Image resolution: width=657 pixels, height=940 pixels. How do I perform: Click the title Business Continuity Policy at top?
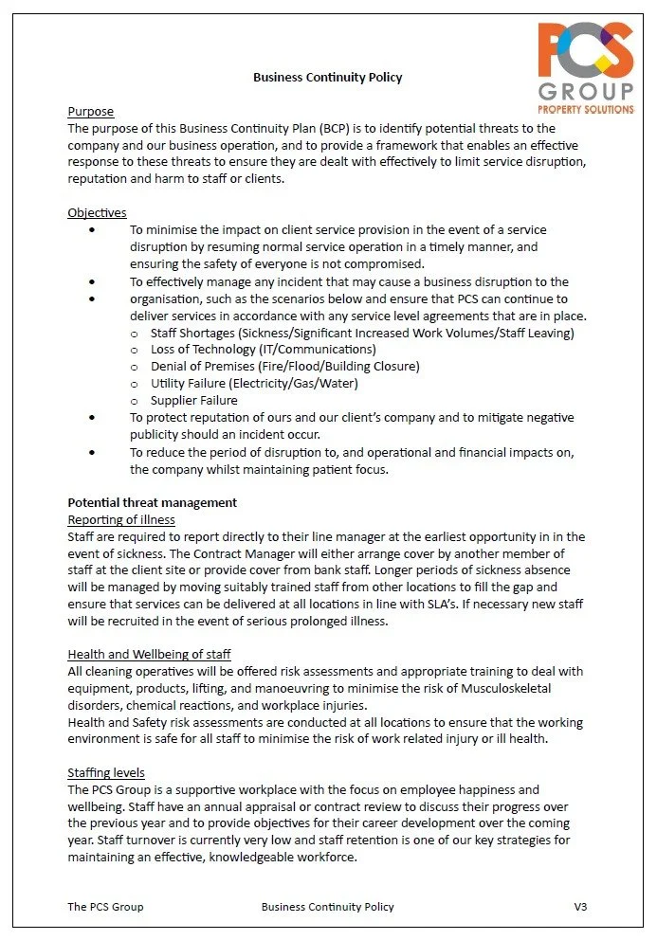click(x=327, y=77)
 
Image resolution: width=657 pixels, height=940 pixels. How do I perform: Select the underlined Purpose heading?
click(x=90, y=112)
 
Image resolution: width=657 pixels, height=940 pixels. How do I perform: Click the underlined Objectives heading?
click(x=97, y=212)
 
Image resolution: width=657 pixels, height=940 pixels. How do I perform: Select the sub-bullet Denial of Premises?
click(x=284, y=366)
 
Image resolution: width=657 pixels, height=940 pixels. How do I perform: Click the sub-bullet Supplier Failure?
click(x=194, y=400)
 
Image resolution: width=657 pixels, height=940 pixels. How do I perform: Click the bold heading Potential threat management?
click(x=152, y=502)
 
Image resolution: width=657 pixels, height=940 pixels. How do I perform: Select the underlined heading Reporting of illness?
click(x=121, y=519)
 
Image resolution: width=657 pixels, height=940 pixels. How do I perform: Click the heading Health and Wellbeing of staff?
click(x=149, y=654)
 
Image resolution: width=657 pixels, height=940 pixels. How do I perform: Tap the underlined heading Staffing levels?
click(x=106, y=772)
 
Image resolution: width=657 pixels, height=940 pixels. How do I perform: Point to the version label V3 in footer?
click(x=580, y=907)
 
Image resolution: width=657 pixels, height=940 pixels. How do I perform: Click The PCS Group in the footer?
click(x=105, y=907)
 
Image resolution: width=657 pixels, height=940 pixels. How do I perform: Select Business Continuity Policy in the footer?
click(x=327, y=907)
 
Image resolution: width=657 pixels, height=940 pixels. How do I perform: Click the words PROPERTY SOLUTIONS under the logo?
click(x=585, y=110)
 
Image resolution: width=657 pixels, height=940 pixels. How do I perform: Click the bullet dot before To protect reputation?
click(x=91, y=417)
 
